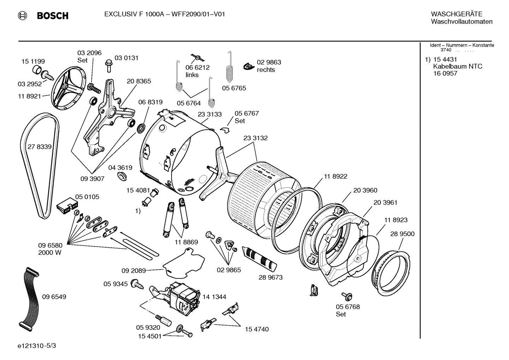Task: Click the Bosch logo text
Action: coord(52,16)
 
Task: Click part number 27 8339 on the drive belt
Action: coord(40,147)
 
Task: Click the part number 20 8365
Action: coord(139,81)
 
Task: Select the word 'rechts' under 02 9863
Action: coord(266,70)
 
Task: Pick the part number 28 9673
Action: coord(270,277)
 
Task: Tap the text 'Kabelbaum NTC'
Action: coord(457,66)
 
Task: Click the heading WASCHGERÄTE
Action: coord(456,14)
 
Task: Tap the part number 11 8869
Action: coord(186,242)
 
